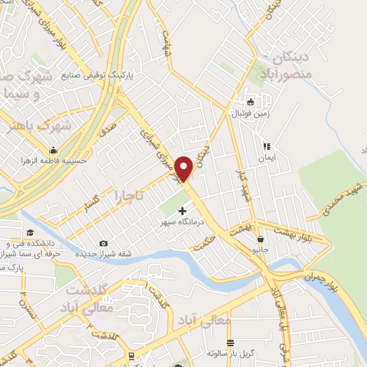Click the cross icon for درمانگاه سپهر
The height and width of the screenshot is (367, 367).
pyautogui.click(x=182, y=211)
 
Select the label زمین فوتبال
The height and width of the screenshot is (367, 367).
pyautogui.click(x=248, y=113)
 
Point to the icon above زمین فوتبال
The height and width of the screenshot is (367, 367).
pyautogui.click(x=250, y=101)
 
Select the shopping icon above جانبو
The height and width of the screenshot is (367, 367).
pyautogui.click(x=259, y=239)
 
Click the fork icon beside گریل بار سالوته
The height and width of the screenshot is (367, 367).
pyautogui.click(x=229, y=343)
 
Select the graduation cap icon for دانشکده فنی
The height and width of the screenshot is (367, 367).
pyautogui.click(x=30, y=233)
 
